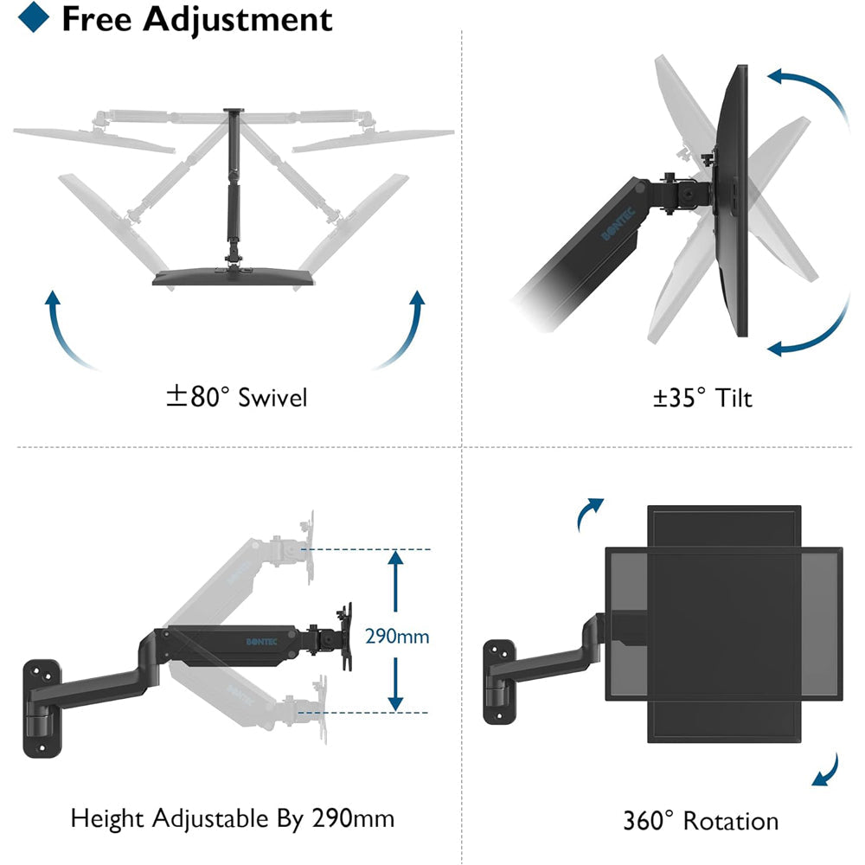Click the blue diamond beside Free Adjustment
pyautogui.click(x=34, y=16)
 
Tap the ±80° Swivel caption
pyautogui.click(x=237, y=397)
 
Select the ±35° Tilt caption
pyautogui.click(x=702, y=398)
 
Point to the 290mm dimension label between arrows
pyautogui.click(x=397, y=636)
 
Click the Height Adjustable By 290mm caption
pyautogui.click(x=232, y=818)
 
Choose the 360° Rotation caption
pyautogui.click(x=701, y=821)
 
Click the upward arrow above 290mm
pyautogui.click(x=395, y=581)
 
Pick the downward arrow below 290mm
pyautogui.click(x=395, y=684)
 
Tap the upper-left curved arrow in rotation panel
pyautogui.click(x=585, y=509)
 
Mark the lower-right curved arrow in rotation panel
pyautogui.click(x=830, y=772)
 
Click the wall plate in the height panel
pyautogui.click(x=42, y=708)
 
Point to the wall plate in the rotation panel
pyautogui.click(x=499, y=682)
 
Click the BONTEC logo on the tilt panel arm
pyautogui.click(x=618, y=224)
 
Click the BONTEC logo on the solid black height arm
pyautogui.click(x=261, y=642)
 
